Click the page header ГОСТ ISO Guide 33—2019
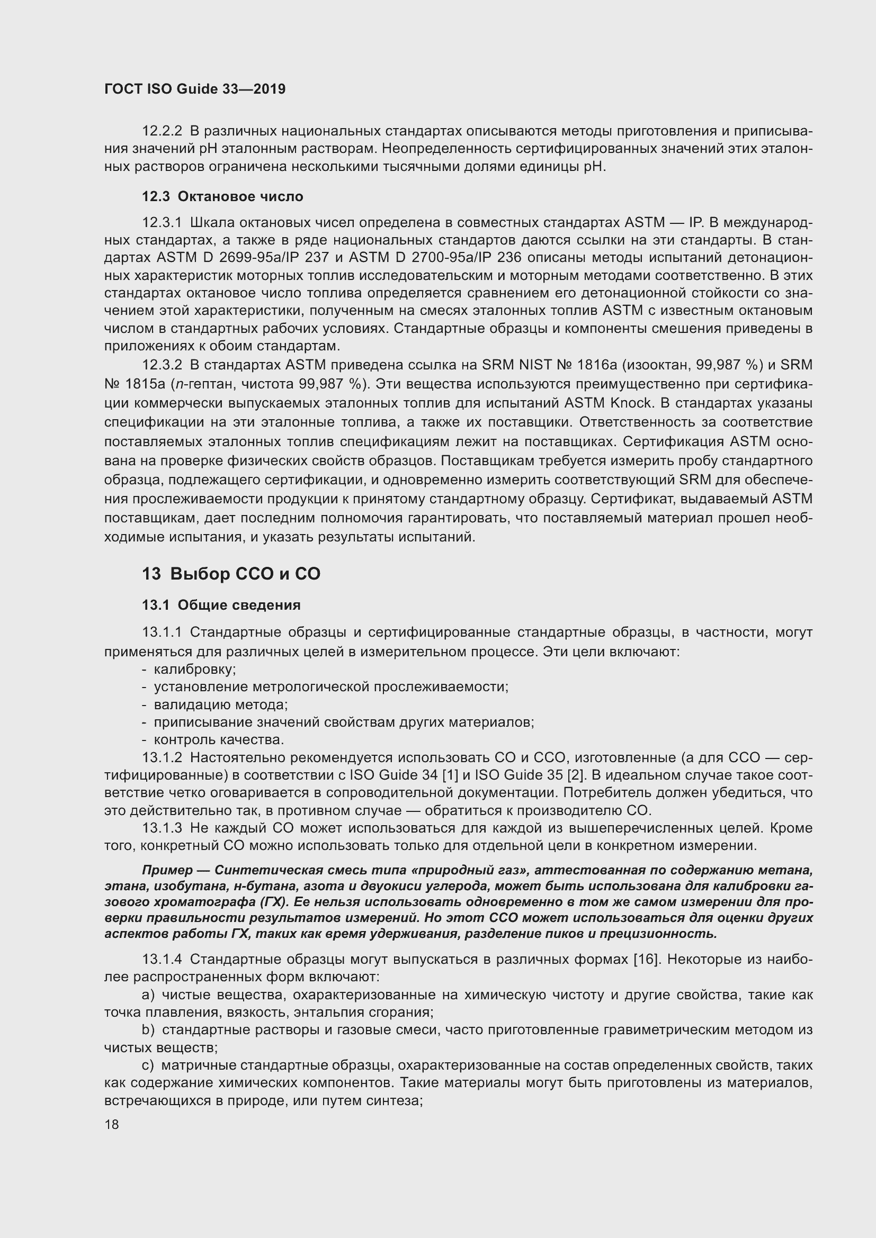point(195,89)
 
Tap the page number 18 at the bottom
point(112,1125)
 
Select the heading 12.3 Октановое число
point(222,197)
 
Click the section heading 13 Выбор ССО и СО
point(231,574)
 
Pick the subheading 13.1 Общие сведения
point(221,605)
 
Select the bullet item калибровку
point(195,669)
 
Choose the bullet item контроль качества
point(218,739)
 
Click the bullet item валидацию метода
point(221,704)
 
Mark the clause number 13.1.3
point(162,828)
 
